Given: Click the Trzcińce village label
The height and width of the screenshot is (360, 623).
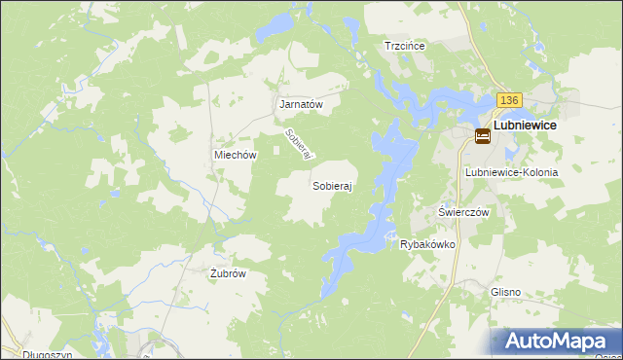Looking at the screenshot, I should tap(407, 45).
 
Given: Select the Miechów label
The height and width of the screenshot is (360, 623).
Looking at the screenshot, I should tap(235, 155).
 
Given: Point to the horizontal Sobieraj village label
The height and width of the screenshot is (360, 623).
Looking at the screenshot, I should tap(332, 185).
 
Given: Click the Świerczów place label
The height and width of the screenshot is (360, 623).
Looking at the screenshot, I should tap(462, 212).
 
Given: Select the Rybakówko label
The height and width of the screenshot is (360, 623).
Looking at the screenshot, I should tap(428, 244).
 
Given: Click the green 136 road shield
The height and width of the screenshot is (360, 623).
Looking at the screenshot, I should tap(509, 101).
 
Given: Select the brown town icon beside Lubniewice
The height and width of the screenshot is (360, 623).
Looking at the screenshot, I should tap(482, 137).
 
